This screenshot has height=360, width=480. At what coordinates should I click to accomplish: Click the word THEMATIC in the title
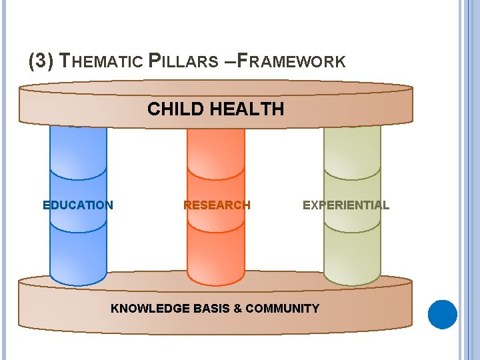coord(101,62)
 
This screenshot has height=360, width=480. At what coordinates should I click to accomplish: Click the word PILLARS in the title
coord(183,62)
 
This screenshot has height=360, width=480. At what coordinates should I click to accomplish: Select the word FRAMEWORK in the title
coord(291,62)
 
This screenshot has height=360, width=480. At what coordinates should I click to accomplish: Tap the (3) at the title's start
coord(41,62)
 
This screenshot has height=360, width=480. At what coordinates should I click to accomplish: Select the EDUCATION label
coord(78,205)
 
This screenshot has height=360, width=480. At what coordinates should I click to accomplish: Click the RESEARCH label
coord(217,205)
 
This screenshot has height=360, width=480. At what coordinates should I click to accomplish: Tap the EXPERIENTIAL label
coord(345,205)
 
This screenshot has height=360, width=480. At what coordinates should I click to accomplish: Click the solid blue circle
coord(442,315)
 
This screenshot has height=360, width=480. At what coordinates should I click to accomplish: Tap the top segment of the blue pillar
coord(78,150)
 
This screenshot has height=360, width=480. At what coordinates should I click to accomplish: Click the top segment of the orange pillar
coord(216,150)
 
